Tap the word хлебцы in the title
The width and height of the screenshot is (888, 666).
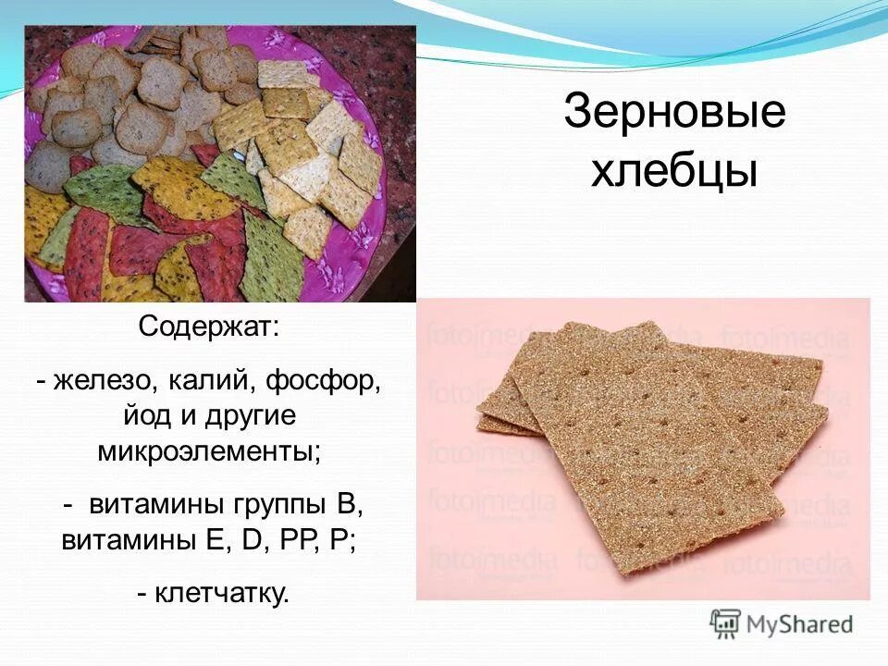click(x=674, y=171)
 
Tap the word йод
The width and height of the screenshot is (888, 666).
click(x=148, y=416)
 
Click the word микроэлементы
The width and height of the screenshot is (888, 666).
click(x=209, y=452)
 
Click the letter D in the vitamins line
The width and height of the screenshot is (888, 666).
click(x=250, y=542)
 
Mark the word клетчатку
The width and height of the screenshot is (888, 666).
click(x=221, y=593)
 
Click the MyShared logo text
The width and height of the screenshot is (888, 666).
click(x=801, y=623)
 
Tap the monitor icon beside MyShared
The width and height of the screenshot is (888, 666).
click(x=726, y=623)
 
